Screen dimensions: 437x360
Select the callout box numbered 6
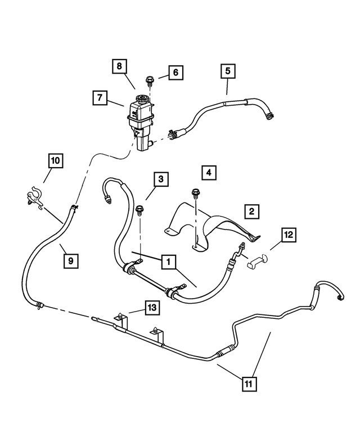pyautogui.click(x=175, y=73)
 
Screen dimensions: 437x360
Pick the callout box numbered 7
pyautogui.click(x=100, y=98)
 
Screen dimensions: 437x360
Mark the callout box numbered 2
pyautogui.click(x=251, y=211)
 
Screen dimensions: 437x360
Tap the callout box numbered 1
pyautogui.click(x=168, y=262)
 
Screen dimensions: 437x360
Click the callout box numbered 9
pyautogui.click(x=70, y=261)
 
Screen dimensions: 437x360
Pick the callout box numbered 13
pyautogui.click(x=151, y=308)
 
